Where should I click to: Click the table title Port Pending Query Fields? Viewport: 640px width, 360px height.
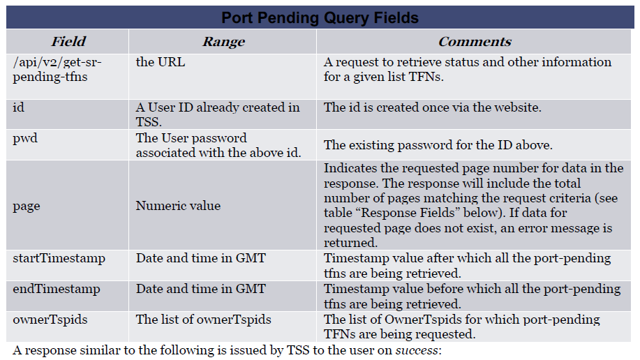(x=320, y=18)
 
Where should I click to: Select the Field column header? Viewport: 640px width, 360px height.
(x=68, y=41)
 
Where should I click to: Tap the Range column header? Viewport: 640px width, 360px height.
(x=223, y=41)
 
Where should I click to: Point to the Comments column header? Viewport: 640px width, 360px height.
(x=475, y=41)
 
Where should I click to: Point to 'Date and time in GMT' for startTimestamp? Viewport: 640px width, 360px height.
(x=201, y=258)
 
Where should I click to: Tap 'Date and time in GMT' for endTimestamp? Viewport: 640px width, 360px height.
(x=201, y=289)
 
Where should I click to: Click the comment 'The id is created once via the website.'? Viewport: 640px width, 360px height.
(x=432, y=107)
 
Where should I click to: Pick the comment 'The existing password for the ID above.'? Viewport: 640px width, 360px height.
(x=438, y=145)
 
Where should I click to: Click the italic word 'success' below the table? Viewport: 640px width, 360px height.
(x=417, y=350)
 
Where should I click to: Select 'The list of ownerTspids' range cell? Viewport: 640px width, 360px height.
(x=203, y=319)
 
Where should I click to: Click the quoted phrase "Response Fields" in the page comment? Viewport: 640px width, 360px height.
(x=408, y=213)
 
